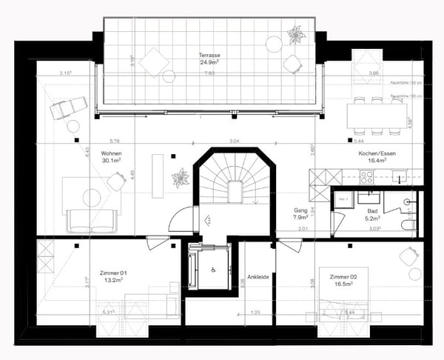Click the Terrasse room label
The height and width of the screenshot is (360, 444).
click(210, 56)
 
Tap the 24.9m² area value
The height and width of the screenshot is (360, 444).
click(210, 63)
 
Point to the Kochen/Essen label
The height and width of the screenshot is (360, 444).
click(373, 152)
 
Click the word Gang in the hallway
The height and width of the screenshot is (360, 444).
click(300, 210)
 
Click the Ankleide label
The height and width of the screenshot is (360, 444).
click(258, 276)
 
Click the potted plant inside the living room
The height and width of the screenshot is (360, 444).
click(179, 178)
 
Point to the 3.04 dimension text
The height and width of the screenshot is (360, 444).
click(233, 141)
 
